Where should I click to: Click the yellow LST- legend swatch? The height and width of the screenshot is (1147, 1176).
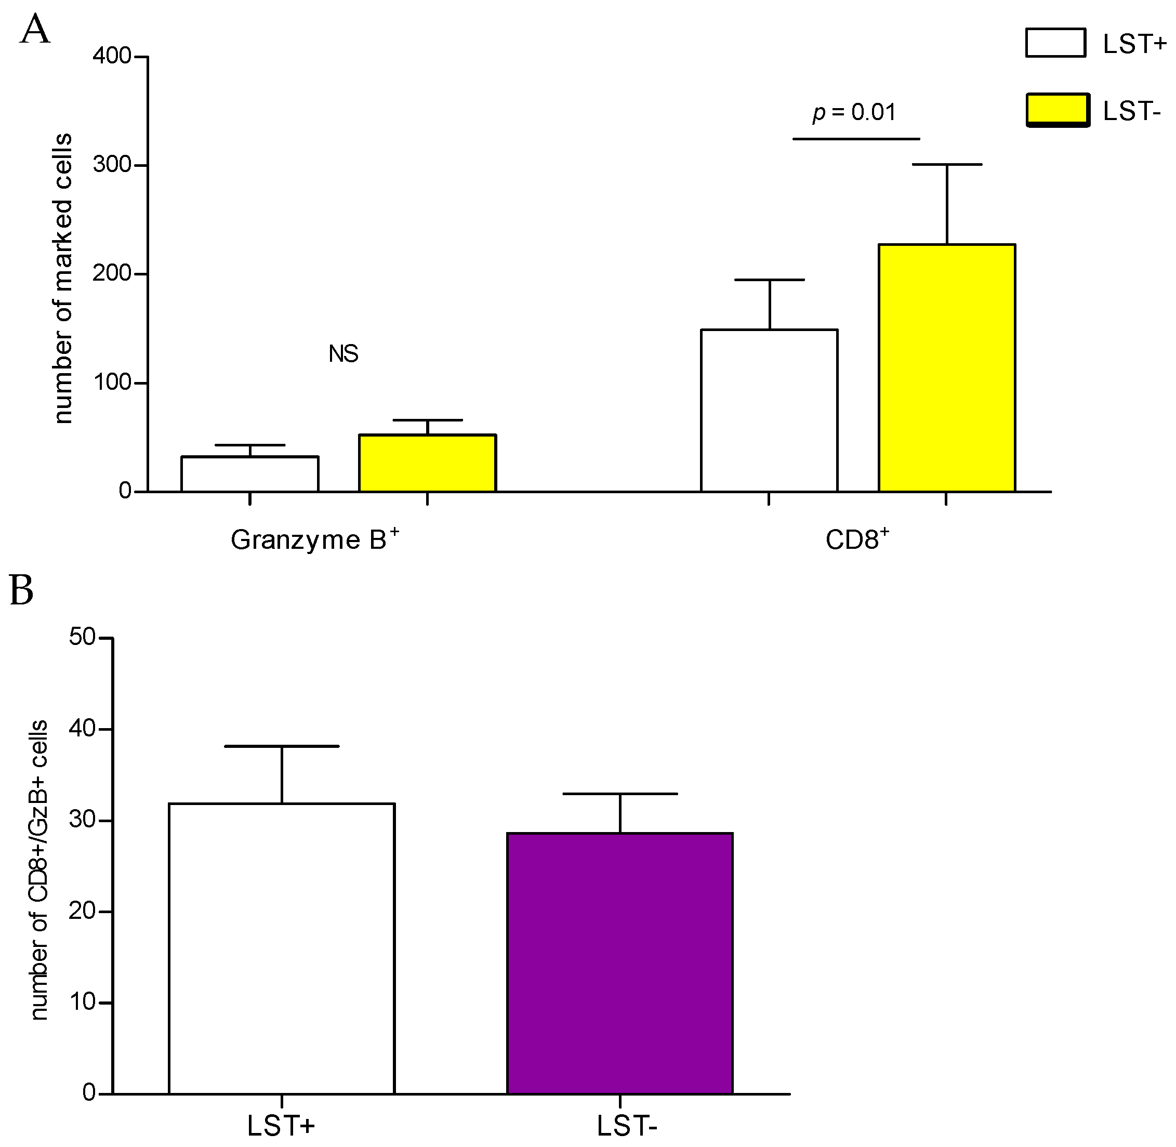(1058, 110)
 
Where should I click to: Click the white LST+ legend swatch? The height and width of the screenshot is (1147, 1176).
(1055, 43)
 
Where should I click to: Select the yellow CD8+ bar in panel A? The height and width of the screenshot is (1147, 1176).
(946, 367)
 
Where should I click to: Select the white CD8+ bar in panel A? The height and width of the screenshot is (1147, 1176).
(769, 410)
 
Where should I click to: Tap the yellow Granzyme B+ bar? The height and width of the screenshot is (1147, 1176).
(427, 463)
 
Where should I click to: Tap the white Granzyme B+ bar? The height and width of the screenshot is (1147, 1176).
(249, 474)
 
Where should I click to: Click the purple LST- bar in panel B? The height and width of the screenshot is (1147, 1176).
(619, 964)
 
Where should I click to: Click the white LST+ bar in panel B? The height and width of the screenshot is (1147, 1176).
(281, 949)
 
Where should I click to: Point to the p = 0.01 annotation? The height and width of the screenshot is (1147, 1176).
(854, 112)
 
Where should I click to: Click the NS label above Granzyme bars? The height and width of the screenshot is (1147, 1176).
(343, 353)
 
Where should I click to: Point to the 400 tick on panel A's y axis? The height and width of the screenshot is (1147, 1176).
(112, 56)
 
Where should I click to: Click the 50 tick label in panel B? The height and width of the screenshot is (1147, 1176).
(83, 637)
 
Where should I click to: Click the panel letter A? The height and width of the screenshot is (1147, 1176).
(34, 30)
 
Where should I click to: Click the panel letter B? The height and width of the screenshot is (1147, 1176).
(22, 590)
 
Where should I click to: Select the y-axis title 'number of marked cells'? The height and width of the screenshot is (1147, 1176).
(63, 279)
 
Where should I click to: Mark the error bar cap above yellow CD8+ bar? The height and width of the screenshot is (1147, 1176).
(946, 164)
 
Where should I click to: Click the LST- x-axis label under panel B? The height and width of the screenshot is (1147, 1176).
(627, 1125)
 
